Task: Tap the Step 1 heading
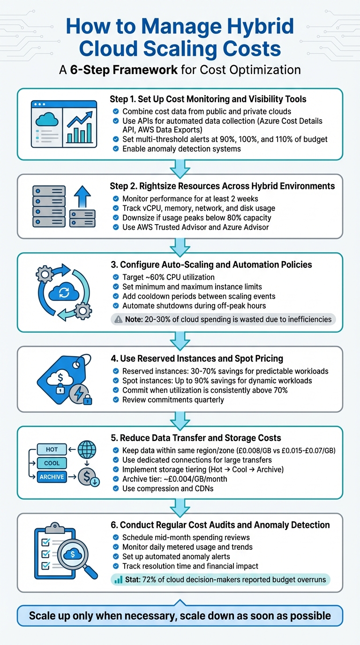click(208, 99)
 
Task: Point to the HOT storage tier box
click(52, 449)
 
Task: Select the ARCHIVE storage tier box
click(52, 477)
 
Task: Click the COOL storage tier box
click(52, 463)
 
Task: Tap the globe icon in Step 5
click(87, 449)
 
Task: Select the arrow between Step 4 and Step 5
click(180, 419)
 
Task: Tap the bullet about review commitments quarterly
click(173, 400)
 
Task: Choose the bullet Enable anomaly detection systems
click(181, 149)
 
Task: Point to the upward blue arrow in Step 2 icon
click(82, 195)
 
